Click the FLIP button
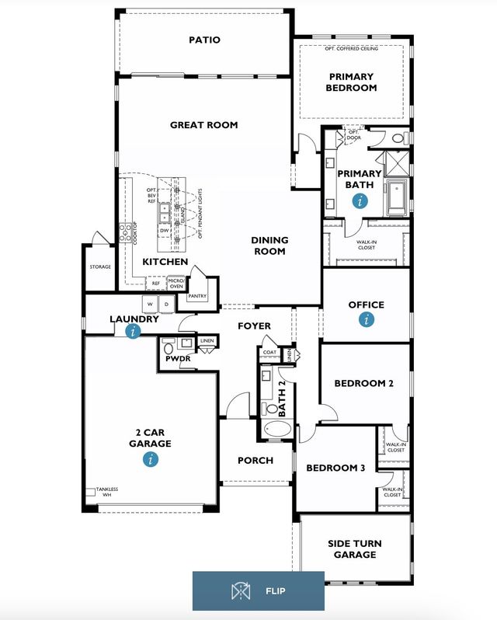[258, 591]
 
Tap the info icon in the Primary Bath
[359, 200]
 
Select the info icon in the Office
[367, 319]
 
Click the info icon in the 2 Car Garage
[150, 459]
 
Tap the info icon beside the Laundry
[134, 331]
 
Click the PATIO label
[204, 40]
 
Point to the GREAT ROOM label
[203, 125]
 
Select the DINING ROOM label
[269, 246]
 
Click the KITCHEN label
[165, 263]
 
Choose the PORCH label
[255, 460]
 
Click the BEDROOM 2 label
[363, 383]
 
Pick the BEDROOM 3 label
[335, 468]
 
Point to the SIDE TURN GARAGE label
[354, 549]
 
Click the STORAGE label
[100, 266]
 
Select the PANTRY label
[197, 295]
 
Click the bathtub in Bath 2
[276, 430]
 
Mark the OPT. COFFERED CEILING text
[352, 50]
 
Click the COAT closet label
[269, 352]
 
